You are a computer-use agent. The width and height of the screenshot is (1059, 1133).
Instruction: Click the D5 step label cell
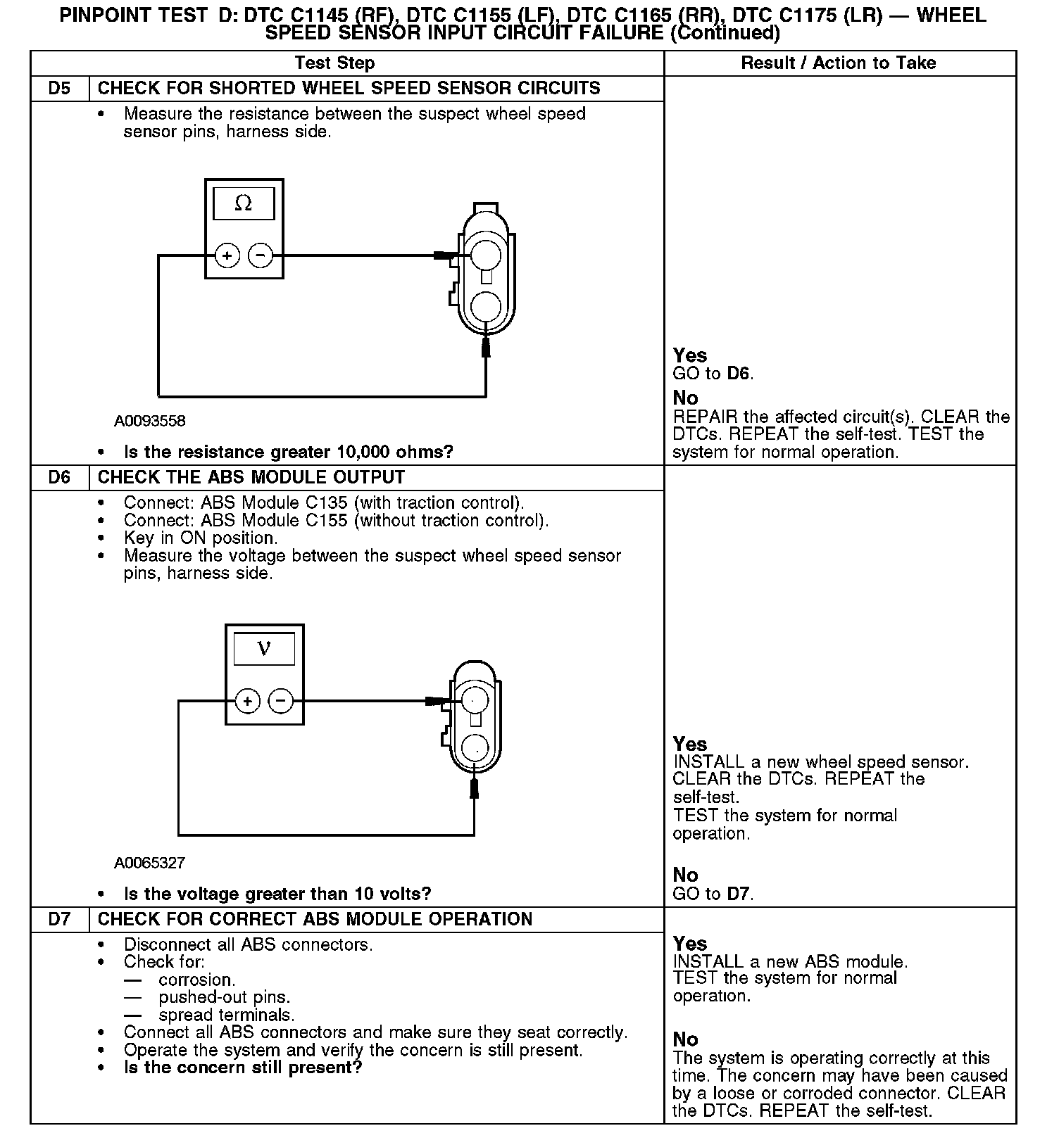pyautogui.click(x=60, y=89)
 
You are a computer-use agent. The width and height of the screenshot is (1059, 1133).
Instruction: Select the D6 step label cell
pyautogui.click(x=60, y=478)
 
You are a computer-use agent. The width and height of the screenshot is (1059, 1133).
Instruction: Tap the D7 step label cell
pyautogui.click(x=60, y=920)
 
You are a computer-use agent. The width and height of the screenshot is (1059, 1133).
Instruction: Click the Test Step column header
pyautogui.click(x=334, y=63)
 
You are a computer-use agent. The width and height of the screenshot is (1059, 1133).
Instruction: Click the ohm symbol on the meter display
pyautogui.click(x=244, y=203)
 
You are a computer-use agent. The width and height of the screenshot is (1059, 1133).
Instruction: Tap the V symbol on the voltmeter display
pyautogui.click(x=264, y=648)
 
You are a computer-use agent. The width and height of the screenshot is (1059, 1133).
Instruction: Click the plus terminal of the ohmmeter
pyautogui.click(x=227, y=255)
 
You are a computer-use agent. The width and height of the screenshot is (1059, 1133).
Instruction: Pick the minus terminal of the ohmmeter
pyautogui.click(x=261, y=255)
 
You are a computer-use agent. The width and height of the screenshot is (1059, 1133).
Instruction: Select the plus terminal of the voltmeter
pyautogui.click(x=247, y=701)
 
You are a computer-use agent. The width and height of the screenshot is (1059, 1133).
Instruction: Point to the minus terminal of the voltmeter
pyautogui.click(x=281, y=701)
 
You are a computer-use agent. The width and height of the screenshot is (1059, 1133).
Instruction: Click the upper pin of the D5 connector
pyautogui.click(x=485, y=253)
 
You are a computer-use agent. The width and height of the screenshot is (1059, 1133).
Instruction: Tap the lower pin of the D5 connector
pyautogui.click(x=485, y=307)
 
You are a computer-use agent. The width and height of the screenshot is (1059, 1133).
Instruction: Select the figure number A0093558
pyautogui.click(x=150, y=422)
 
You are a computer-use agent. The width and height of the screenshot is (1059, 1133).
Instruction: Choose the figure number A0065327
pyautogui.click(x=150, y=863)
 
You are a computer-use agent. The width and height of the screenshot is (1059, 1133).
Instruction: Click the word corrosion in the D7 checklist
pyautogui.click(x=196, y=980)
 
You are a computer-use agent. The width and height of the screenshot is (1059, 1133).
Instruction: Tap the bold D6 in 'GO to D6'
pyautogui.click(x=739, y=374)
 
